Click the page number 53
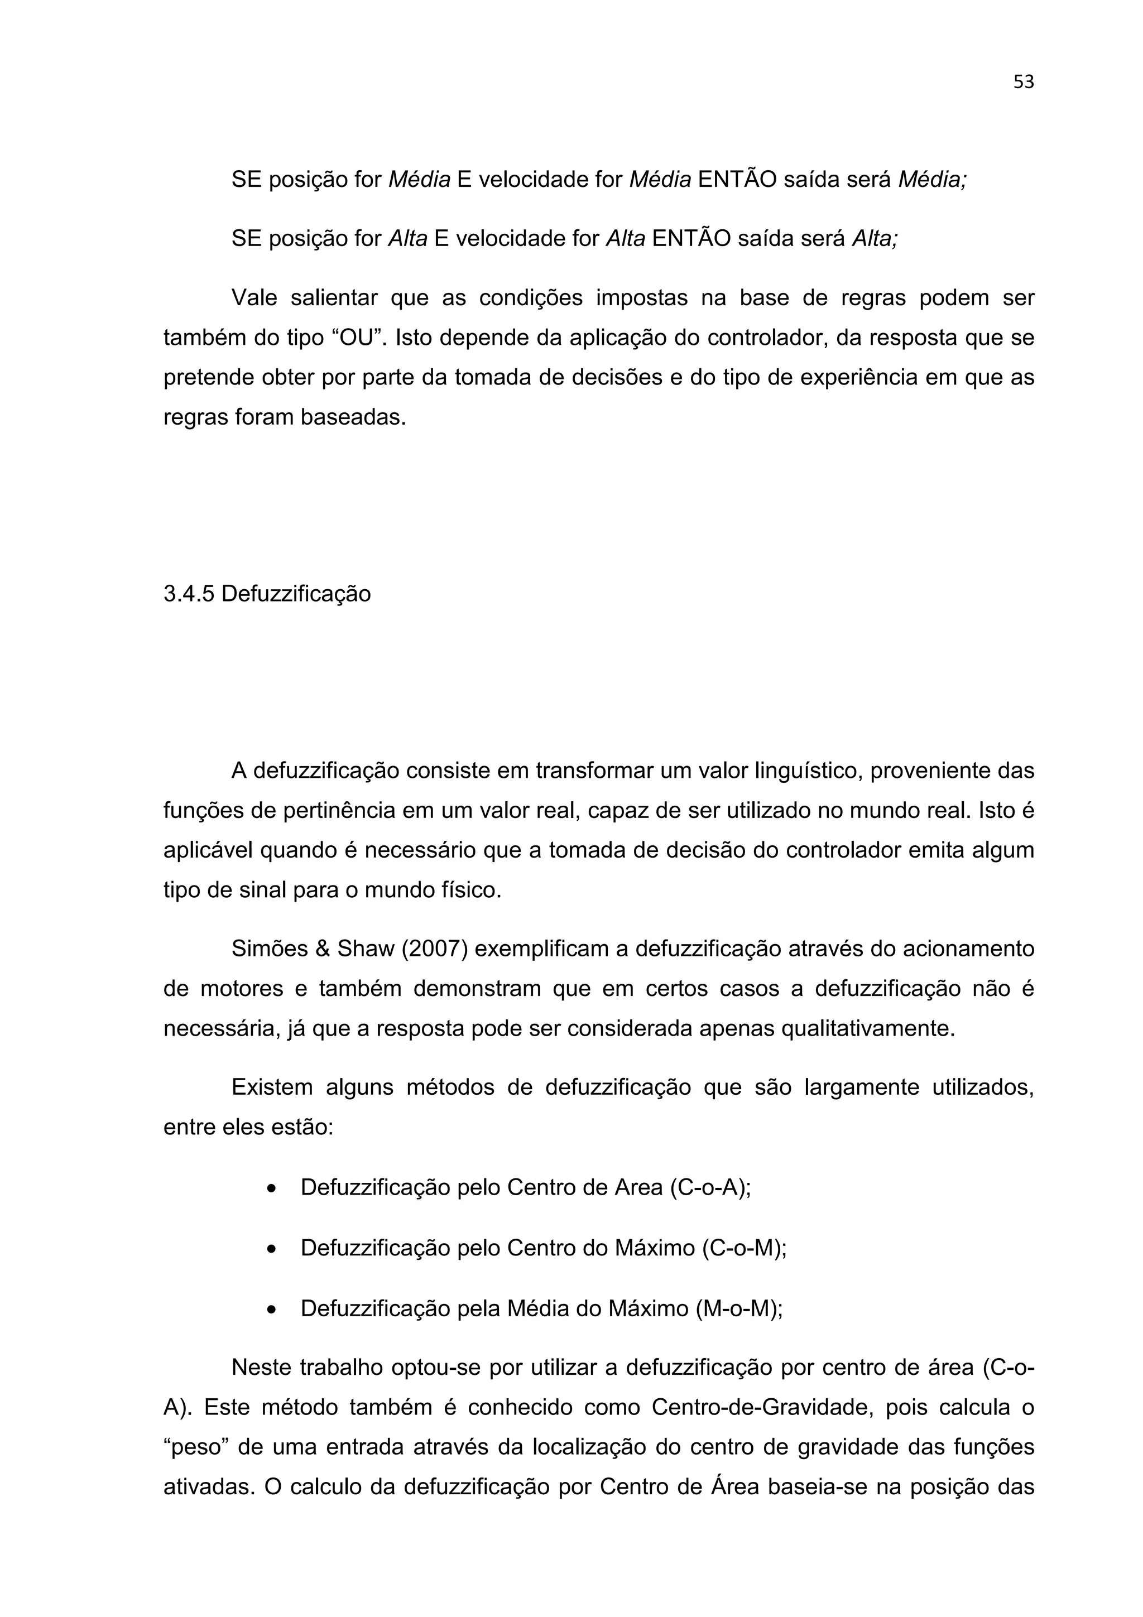click(1022, 83)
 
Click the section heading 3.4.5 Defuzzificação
click(267, 594)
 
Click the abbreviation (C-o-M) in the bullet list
click(744, 1248)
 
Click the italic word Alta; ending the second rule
click(875, 239)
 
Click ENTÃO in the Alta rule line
click(691, 239)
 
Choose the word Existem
click(272, 1087)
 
